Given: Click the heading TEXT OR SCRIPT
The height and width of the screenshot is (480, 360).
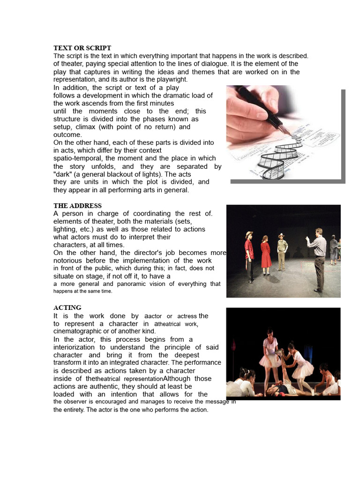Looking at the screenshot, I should [82, 48].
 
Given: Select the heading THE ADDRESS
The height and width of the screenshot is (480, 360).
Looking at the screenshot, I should [77, 206].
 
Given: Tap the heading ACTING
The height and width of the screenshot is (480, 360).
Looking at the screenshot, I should [67, 307].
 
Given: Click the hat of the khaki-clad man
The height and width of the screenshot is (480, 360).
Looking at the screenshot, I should [281, 235].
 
